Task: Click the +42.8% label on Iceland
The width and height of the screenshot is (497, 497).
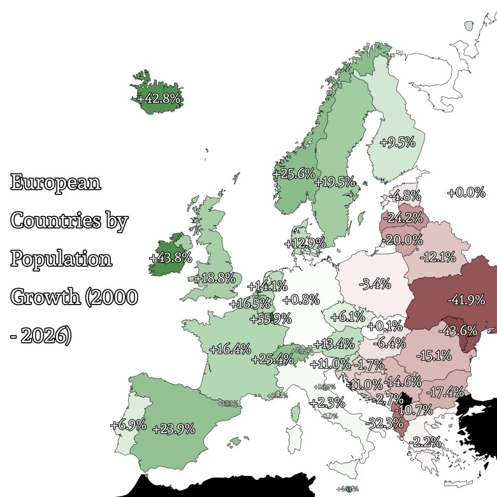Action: [x=159, y=99]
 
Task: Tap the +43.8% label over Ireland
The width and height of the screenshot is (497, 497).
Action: [x=170, y=257]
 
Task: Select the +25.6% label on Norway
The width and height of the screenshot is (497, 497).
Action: [x=293, y=173]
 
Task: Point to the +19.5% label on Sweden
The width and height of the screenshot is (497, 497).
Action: [x=335, y=182]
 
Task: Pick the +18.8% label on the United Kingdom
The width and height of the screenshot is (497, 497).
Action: [x=215, y=278]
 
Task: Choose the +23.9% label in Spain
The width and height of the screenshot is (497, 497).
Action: [x=173, y=429]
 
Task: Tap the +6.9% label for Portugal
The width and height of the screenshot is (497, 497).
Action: [x=128, y=424]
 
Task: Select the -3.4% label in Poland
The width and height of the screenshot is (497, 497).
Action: [x=375, y=284]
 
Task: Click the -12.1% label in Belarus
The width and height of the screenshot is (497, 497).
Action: [x=438, y=257]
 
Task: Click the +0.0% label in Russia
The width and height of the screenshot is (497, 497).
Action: [x=466, y=192]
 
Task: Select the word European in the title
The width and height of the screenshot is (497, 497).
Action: [x=56, y=183]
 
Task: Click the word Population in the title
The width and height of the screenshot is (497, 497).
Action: [x=61, y=260]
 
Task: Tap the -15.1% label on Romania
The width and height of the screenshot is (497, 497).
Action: [x=433, y=354]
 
